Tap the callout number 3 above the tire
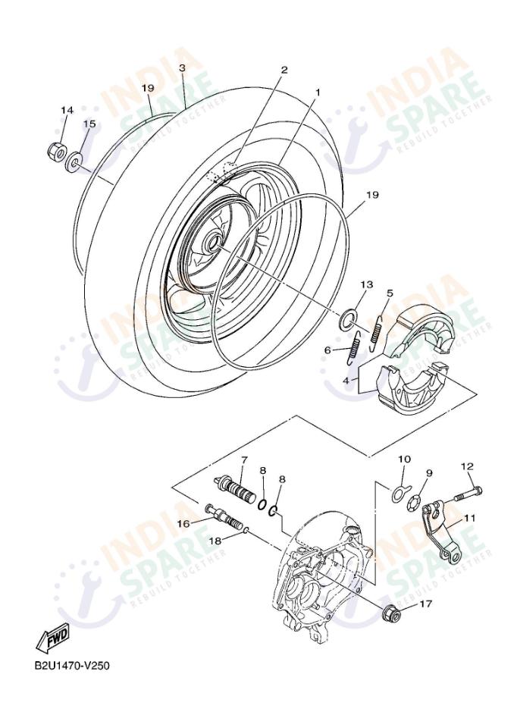tap(182, 68)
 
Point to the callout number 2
tap(284, 70)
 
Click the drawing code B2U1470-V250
tap(71, 666)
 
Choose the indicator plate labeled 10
tap(399, 493)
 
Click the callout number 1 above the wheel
tap(318, 92)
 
